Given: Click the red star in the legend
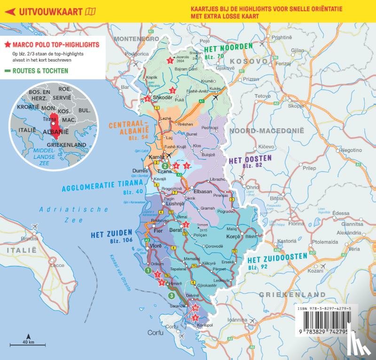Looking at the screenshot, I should pyautogui.click(x=8, y=45).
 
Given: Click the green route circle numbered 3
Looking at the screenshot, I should pyautogui.click(x=172, y=295).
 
